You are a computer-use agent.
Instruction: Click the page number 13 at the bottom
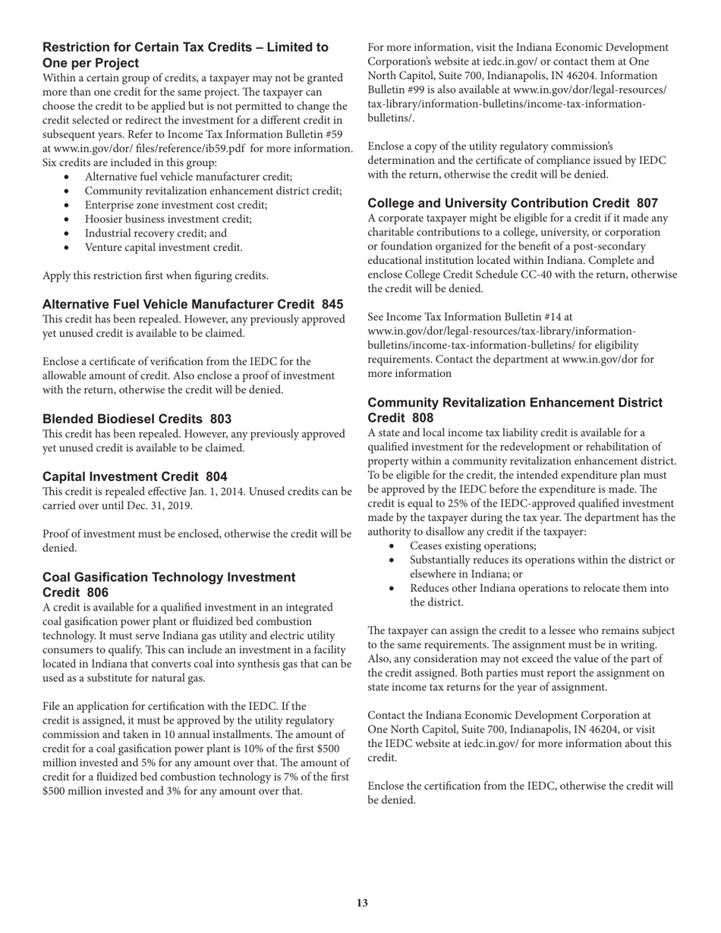point(361,903)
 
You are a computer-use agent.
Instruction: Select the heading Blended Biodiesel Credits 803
point(137,419)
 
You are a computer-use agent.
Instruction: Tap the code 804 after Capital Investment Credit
point(216,476)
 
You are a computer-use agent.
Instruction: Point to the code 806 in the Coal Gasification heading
point(97,592)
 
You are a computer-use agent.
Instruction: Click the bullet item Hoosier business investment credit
point(168,218)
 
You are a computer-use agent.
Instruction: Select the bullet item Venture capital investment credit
point(163,247)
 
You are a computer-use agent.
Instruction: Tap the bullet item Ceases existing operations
point(473,545)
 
